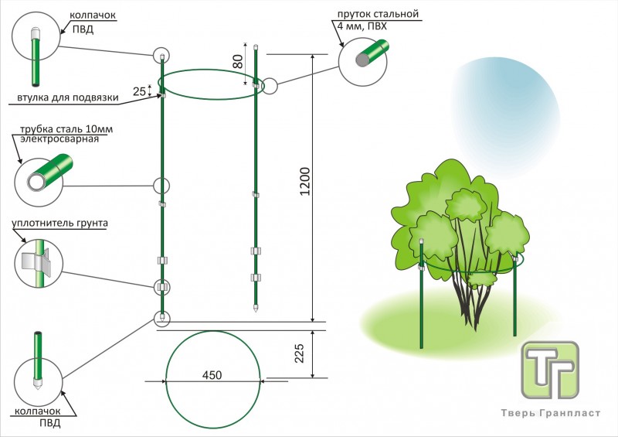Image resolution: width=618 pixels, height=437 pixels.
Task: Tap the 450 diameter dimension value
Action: click(x=212, y=375)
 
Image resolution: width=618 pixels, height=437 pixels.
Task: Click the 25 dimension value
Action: click(x=139, y=91)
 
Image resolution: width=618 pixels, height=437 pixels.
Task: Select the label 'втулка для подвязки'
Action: click(x=67, y=98)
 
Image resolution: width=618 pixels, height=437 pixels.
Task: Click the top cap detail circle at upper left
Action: click(x=37, y=49)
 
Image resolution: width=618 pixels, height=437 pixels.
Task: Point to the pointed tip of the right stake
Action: click(x=255, y=309)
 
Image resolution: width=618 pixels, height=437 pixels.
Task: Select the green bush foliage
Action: click(x=463, y=217)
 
